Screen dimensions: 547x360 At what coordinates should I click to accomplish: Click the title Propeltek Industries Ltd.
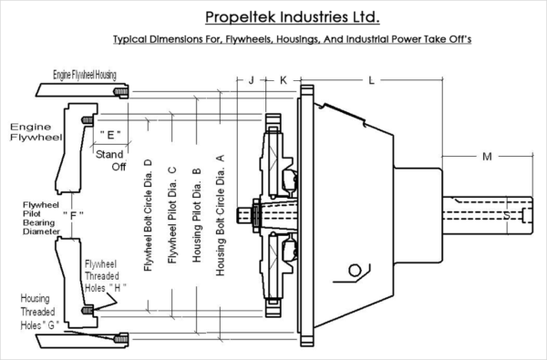(293, 16)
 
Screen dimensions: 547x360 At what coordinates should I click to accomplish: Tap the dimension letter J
(252, 80)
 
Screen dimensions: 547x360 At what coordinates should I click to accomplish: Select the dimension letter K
(284, 80)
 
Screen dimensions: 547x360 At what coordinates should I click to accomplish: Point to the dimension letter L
(372, 80)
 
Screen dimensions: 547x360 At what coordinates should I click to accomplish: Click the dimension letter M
(487, 157)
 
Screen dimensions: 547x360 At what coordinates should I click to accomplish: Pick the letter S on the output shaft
(507, 216)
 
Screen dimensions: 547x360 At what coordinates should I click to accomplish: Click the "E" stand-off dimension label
(110, 134)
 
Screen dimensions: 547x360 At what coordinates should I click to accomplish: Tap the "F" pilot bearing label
(73, 215)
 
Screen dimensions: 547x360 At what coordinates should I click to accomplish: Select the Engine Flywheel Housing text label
(85, 75)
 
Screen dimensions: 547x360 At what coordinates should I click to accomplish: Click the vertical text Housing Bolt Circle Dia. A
(220, 215)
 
